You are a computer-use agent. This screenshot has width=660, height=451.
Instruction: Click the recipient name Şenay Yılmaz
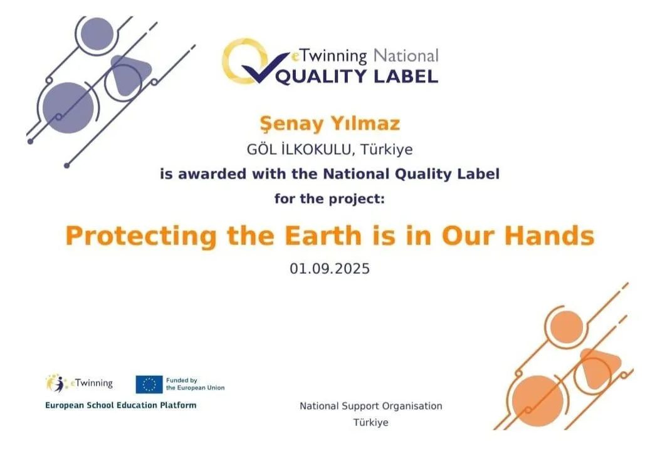point(330,124)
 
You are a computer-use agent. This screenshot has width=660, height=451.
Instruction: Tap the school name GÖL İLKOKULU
point(298,149)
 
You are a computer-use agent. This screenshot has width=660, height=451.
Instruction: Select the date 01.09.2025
point(330,269)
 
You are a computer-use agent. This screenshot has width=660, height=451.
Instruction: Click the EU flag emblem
point(149,384)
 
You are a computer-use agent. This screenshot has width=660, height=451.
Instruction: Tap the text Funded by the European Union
point(196,384)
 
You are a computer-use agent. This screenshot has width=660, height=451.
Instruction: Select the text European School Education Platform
point(121,405)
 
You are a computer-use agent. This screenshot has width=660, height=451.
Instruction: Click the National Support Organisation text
point(371,406)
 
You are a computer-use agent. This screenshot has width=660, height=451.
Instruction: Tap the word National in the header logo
point(406,56)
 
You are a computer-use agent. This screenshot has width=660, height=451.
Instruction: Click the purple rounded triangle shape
point(128,75)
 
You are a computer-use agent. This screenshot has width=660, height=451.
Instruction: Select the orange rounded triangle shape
point(599,368)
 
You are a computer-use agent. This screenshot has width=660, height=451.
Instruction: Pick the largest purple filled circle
point(68,108)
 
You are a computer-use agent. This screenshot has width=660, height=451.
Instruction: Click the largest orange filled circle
point(538,401)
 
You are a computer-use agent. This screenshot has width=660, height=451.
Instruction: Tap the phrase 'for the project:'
point(330,199)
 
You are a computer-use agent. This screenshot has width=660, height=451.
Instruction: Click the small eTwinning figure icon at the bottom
point(57,383)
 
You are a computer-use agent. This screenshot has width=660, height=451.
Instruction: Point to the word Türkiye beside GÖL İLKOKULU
point(386,149)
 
